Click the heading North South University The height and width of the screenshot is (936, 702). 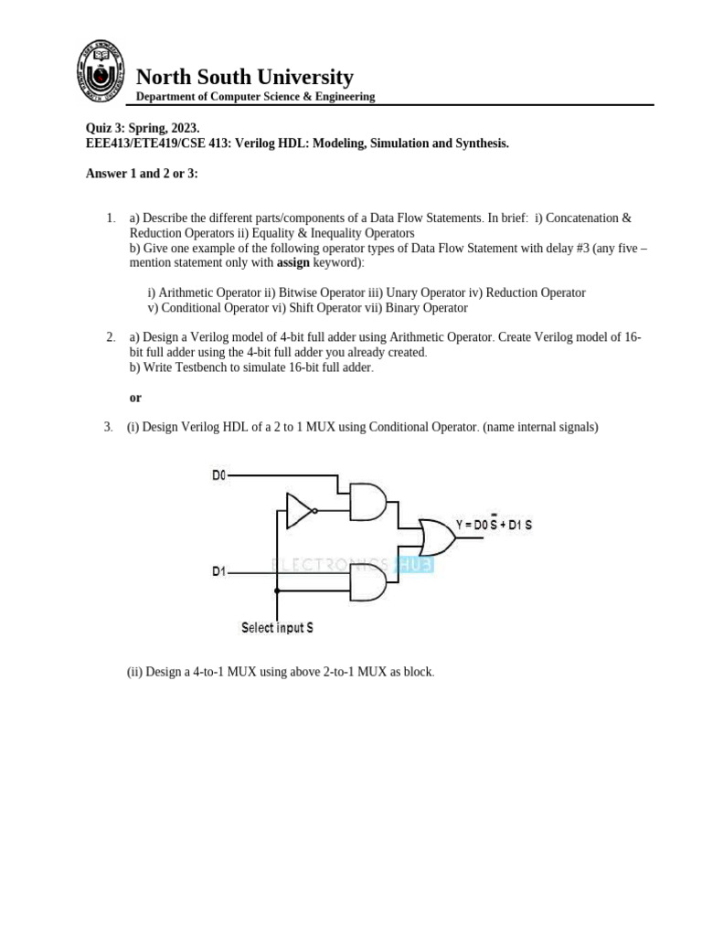pyautogui.click(x=244, y=77)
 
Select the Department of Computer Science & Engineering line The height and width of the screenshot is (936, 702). pyautogui.click(x=255, y=97)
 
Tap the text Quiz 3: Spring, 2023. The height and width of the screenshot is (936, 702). pyautogui.click(x=142, y=129)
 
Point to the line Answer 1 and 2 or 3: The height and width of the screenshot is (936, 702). pyautogui.click(x=142, y=173)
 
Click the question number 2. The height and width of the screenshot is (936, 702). pyautogui.click(x=110, y=337)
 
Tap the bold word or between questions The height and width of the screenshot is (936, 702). pyautogui.click(x=135, y=398)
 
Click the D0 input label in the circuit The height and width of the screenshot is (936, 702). pyautogui.click(x=219, y=475)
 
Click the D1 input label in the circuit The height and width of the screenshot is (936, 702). pyautogui.click(x=219, y=571)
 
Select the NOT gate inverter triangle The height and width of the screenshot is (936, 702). pyautogui.click(x=300, y=511)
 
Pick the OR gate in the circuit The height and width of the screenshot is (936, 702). pyautogui.click(x=435, y=537)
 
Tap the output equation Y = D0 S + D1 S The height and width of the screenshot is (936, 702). pyautogui.click(x=494, y=525)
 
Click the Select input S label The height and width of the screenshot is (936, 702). pyautogui.click(x=277, y=627)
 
